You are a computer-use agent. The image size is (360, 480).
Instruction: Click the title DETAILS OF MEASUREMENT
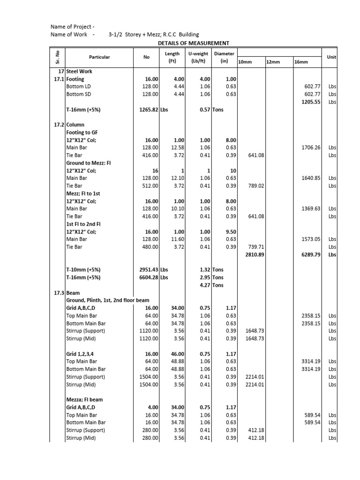point(193,43)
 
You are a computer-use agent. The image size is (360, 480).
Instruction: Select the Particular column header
point(99,57)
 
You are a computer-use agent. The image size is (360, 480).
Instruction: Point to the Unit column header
point(332,57)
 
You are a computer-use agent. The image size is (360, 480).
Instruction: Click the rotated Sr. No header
point(57,57)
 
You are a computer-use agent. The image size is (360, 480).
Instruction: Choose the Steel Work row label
point(79,71)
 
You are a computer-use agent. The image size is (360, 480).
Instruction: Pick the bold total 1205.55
point(310,102)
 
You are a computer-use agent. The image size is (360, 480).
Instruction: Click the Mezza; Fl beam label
point(84,400)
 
